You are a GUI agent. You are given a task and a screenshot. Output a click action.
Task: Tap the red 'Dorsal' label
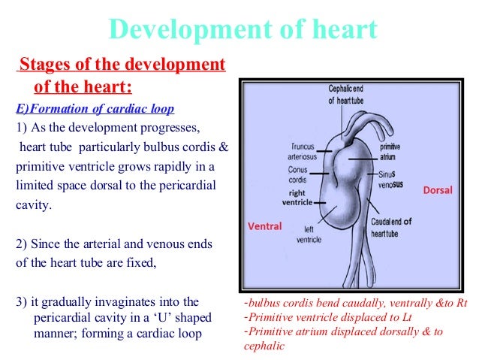[438, 190]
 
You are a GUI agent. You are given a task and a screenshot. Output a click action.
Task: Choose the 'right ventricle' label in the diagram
[294, 197]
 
